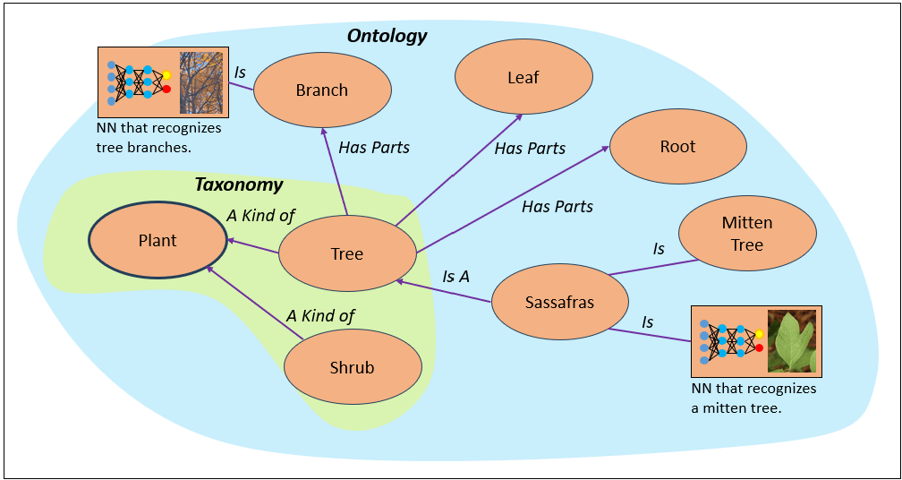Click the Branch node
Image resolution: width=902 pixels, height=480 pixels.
pyautogui.click(x=322, y=90)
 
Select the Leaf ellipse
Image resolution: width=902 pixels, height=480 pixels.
pyautogui.click(x=523, y=78)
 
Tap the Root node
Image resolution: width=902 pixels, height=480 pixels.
pyautogui.click(x=677, y=147)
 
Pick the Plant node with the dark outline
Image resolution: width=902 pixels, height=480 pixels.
pyautogui.click(x=157, y=241)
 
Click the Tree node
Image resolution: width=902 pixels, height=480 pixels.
pyautogui.click(x=347, y=254)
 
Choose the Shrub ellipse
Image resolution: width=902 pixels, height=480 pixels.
pyautogui.click(x=353, y=368)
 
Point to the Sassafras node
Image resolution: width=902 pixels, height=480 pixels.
pyautogui.click(x=559, y=303)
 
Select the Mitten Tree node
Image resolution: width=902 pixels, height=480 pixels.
pyautogui.click(x=747, y=234)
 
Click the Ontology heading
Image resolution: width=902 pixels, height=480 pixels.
pyautogui.click(x=387, y=37)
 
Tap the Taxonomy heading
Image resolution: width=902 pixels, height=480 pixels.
pyautogui.click(x=239, y=185)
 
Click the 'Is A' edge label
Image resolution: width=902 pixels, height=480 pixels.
pyautogui.click(x=455, y=277)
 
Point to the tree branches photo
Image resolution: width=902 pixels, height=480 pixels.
pyautogui.click(x=200, y=83)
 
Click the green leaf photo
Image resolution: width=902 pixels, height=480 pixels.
pyautogui.click(x=792, y=341)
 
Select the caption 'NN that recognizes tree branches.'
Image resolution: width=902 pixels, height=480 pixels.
pyautogui.click(x=158, y=138)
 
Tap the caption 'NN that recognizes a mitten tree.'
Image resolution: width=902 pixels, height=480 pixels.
pyautogui.click(x=753, y=399)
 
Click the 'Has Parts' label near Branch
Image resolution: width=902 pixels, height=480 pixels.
pyautogui.click(x=374, y=148)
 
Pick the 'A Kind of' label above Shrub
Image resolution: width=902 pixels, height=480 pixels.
pyautogui.click(x=320, y=315)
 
